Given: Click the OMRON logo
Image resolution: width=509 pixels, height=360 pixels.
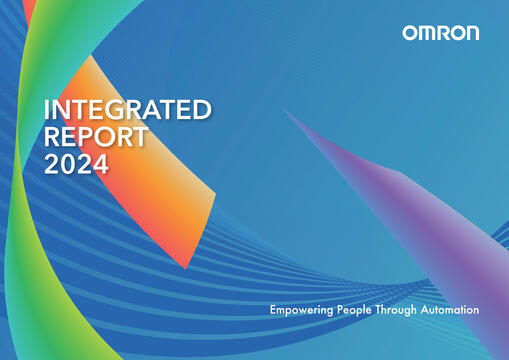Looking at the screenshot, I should (440, 33).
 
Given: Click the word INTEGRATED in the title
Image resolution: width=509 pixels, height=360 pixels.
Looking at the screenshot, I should (127, 109).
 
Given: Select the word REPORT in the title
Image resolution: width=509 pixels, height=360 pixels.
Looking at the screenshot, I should (96, 137).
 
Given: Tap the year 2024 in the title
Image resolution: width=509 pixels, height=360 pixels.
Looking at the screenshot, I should (76, 165).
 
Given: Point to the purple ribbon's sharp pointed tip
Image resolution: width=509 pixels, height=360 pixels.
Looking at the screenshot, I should (284, 108).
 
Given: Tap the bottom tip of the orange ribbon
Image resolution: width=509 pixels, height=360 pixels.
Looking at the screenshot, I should (186, 266).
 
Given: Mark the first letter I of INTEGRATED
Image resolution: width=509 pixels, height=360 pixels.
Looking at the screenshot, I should (47, 109).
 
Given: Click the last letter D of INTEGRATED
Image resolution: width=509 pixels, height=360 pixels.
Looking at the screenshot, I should (201, 109).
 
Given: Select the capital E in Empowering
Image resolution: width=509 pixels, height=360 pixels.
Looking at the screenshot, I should (273, 311).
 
